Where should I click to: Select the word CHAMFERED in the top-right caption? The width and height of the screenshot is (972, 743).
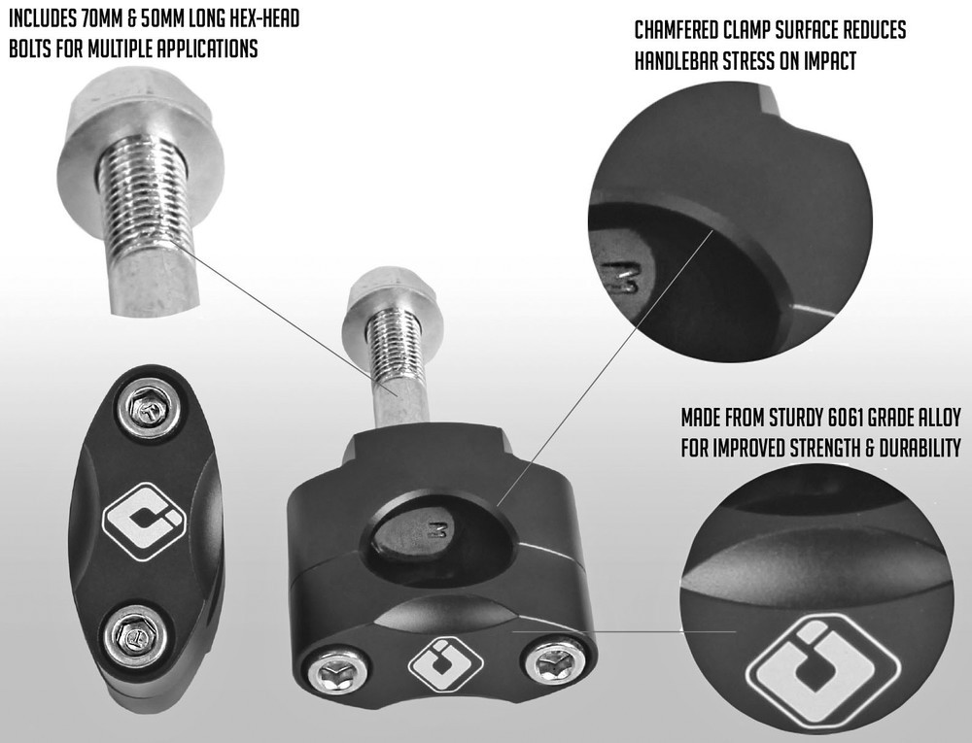pyautogui.click(x=685, y=30)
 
